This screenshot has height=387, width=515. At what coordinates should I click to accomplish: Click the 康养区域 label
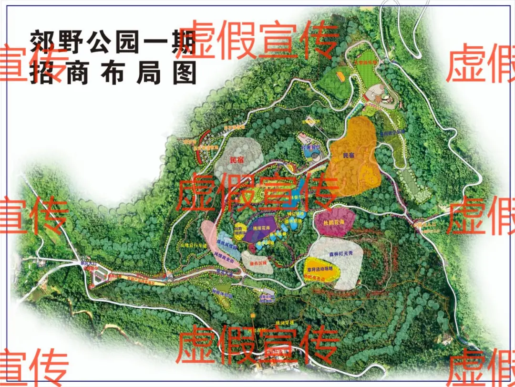pyautogui.click(x=257, y=263)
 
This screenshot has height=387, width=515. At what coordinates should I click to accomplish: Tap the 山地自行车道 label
pyautogui.click(x=193, y=245)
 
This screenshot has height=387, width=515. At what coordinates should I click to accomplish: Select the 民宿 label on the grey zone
pyautogui.click(x=237, y=161)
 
